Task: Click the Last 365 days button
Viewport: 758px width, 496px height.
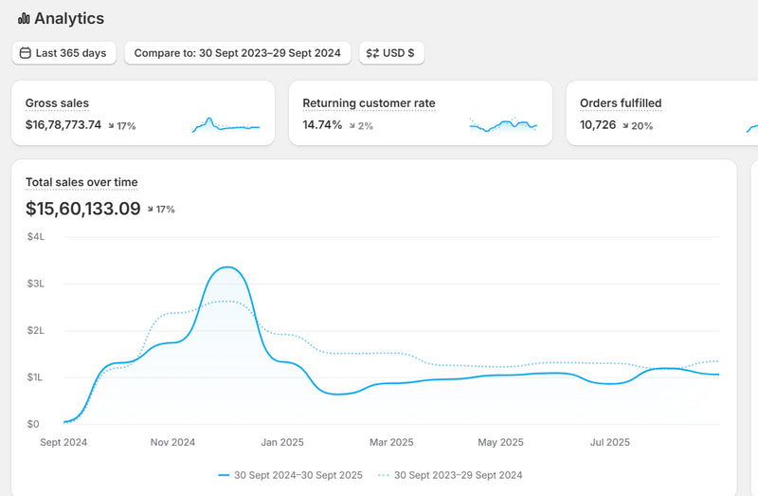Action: [63, 53]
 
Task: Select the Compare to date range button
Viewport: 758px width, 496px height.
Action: [238, 53]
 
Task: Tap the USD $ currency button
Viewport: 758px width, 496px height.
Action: [391, 53]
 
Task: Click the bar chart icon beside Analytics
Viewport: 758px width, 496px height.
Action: [24, 18]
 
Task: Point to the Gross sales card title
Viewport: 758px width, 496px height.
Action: [57, 103]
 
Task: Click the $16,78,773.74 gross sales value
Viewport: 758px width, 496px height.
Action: [63, 125]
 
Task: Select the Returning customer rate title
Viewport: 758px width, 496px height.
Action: [369, 103]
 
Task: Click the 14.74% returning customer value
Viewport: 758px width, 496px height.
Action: [322, 125]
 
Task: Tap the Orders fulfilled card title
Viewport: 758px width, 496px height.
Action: [621, 103]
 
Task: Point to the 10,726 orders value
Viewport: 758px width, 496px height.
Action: [598, 125]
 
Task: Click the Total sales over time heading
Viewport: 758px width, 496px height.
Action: [81, 182]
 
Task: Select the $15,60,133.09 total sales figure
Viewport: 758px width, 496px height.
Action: [83, 209]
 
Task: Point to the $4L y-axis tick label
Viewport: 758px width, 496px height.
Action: [36, 237]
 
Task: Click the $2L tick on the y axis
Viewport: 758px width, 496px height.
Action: [36, 330]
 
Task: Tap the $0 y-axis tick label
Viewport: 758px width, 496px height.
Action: [33, 424]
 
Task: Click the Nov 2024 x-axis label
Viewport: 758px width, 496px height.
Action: [172, 442]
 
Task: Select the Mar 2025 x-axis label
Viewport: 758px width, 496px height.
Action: [391, 442]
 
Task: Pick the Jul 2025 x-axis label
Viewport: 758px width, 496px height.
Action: [610, 442]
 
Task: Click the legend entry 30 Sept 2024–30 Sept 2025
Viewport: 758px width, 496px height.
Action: [291, 475]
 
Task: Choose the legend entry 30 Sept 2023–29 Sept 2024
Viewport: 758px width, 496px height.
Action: [450, 475]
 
